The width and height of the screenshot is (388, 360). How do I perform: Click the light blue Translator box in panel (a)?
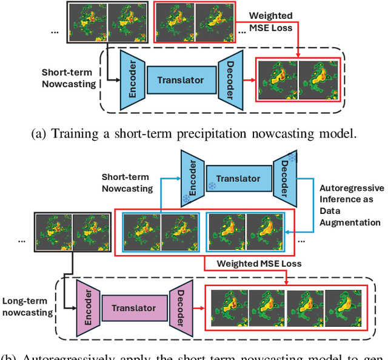(x=181, y=80)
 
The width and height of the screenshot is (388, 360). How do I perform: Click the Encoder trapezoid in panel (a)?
(x=132, y=79)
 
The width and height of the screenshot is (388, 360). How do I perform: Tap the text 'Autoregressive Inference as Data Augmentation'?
(x=351, y=205)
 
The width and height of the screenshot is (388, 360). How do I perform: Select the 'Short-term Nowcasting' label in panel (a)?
(x=69, y=78)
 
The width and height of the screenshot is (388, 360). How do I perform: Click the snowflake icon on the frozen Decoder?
(x=291, y=157)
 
